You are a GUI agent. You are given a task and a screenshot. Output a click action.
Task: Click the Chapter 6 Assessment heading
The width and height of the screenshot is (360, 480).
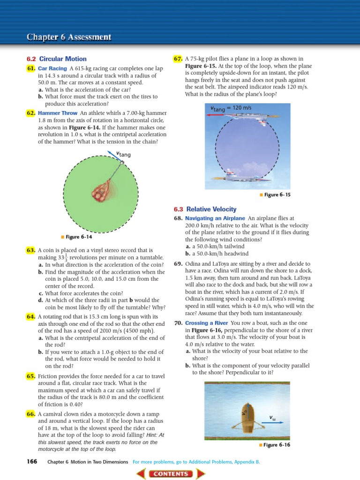tap(69, 37)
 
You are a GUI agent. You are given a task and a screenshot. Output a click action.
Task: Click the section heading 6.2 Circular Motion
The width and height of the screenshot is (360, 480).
tap(57, 59)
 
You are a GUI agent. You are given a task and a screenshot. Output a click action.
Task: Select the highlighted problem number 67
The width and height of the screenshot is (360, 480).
tap(178, 59)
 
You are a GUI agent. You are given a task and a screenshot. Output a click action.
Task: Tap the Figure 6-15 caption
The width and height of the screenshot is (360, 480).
tap(277, 195)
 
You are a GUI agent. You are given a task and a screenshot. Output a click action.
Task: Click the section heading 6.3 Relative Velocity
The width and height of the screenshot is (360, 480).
tap(205, 209)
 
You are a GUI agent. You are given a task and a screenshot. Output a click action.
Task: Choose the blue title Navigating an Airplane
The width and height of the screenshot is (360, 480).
tap(215, 218)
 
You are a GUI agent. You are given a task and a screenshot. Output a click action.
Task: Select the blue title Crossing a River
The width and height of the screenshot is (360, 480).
tap(206, 323)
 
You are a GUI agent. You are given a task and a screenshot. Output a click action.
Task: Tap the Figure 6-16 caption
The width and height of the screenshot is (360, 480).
tap(277, 445)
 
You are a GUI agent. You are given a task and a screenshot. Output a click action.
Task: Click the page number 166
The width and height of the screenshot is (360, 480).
tap(32, 462)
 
